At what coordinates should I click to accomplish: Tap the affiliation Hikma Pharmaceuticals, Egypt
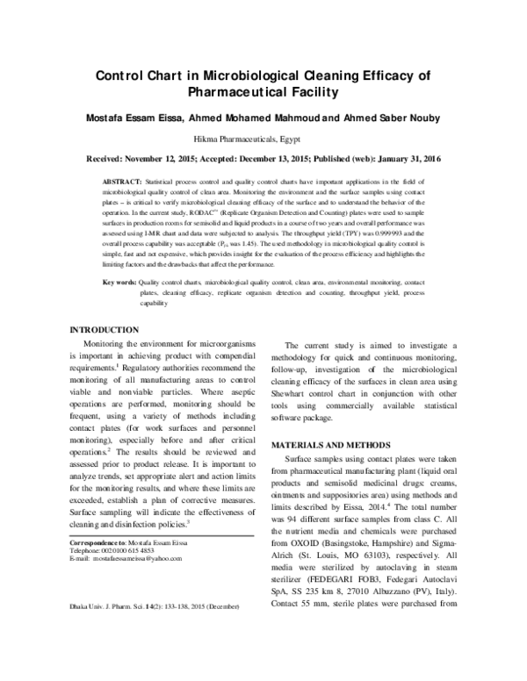(x=263, y=139)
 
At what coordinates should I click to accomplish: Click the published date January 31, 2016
(x=416, y=159)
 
